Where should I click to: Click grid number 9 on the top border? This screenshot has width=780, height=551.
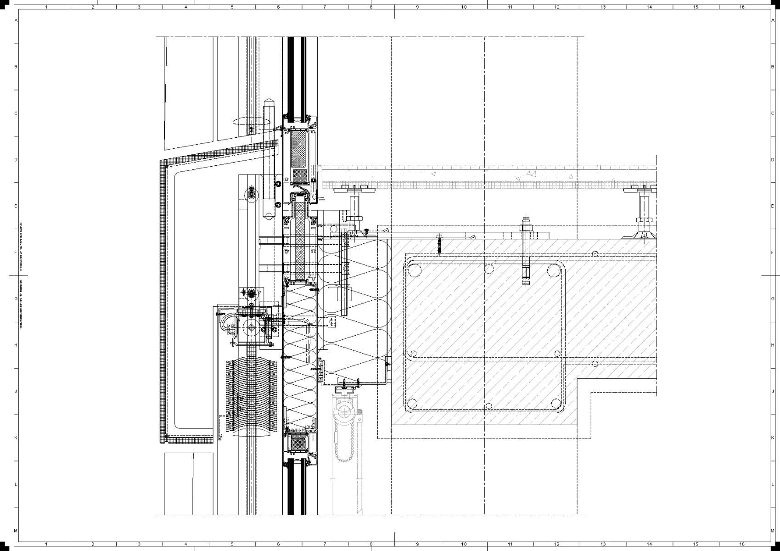click(417, 7)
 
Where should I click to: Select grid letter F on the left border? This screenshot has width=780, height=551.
click(16, 252)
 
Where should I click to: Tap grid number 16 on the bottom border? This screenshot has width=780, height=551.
click(742, 544)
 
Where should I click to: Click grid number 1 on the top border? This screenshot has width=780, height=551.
click(46, 7)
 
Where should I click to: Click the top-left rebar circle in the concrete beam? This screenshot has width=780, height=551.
click(415, 270)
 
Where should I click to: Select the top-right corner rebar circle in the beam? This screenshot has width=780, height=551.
click(554, 270)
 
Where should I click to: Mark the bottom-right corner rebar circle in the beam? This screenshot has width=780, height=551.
click(556, 404)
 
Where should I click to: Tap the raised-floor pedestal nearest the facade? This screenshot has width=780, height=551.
click(354, 207)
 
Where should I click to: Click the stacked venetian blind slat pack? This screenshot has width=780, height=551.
click(252, 395)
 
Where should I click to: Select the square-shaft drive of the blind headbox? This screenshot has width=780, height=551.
click(251, 329)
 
